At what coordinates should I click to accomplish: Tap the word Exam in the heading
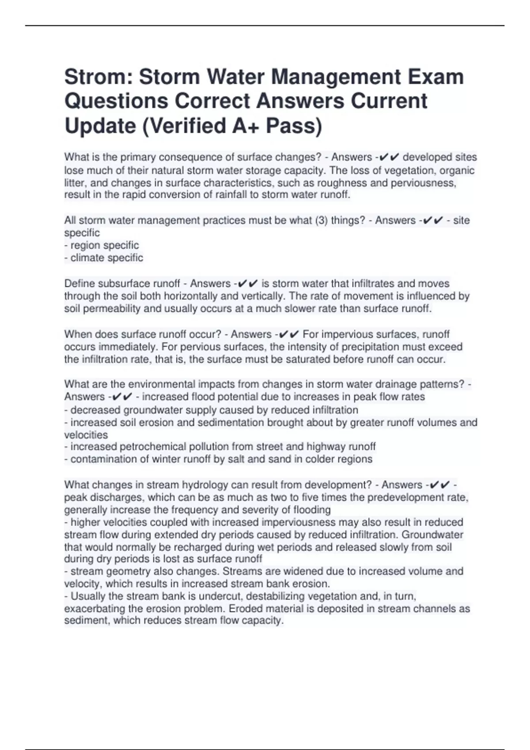[x=435, y=77]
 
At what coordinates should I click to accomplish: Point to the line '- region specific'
[x=102, y=245]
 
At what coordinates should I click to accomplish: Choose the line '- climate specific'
[x=104, y=258]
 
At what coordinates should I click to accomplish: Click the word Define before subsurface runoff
[x=79, y=283]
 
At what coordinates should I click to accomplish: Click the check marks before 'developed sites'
[x=390, y=157]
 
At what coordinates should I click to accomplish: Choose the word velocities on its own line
[x=86, y=435]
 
